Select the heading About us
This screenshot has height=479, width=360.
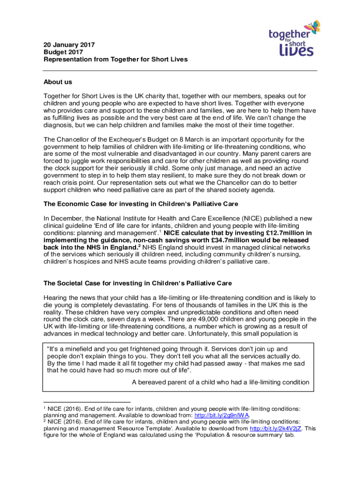click(58, 82)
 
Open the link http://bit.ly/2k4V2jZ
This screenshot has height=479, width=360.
click(276, 428)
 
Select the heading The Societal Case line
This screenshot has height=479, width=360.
click(137, 283)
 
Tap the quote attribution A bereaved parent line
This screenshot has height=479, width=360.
click(220, 382)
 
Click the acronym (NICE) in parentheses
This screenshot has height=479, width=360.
click(241, 218)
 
